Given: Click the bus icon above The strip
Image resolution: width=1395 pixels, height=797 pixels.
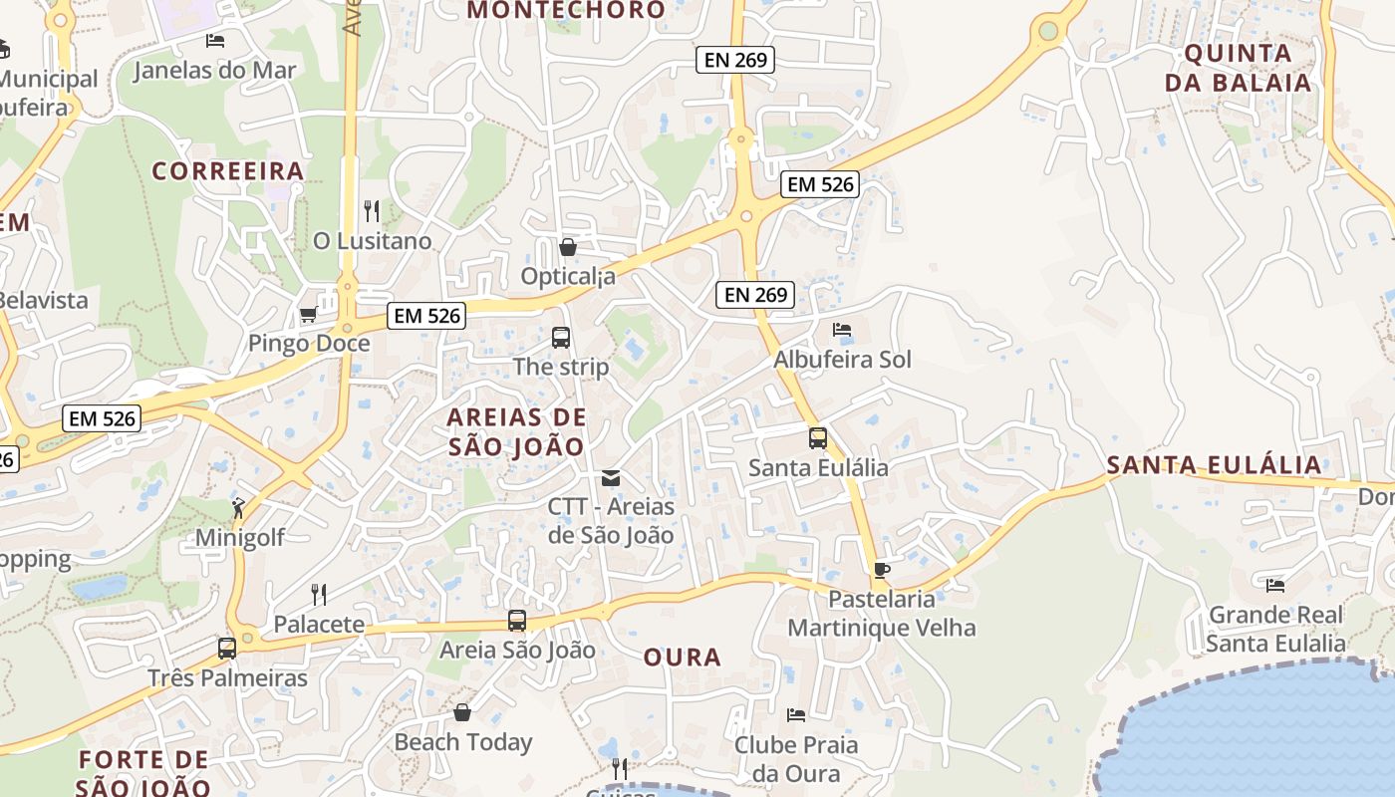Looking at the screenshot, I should coord(561,338).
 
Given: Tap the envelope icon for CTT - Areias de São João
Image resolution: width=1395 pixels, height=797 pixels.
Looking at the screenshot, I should coord(611,478).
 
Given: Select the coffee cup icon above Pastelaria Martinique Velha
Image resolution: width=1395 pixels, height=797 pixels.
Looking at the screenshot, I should coord(881,570).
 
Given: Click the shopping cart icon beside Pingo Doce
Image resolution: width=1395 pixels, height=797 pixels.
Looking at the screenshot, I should coord(308,315).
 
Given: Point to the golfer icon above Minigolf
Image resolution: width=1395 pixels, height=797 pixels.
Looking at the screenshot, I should coord(238,509).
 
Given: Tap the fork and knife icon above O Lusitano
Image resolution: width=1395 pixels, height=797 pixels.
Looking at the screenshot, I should coord(372,210).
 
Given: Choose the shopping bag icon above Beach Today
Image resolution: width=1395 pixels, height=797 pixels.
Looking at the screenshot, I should coord(462,712).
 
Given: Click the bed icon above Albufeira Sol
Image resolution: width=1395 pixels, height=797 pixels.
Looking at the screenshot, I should coord(842,329).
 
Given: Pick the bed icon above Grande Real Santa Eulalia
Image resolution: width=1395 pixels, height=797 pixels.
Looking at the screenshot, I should coord(1274,585).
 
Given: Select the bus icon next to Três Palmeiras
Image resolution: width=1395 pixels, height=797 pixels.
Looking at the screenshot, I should coord(227,649).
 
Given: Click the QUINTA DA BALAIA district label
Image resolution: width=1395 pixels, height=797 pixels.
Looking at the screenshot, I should coord(1239,68).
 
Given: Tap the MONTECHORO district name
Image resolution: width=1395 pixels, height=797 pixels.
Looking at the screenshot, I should coord(566,11).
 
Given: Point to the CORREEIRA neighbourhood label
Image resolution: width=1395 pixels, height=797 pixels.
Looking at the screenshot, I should coord(228,171).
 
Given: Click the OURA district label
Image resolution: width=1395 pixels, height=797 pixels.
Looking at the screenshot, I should coord(683,658).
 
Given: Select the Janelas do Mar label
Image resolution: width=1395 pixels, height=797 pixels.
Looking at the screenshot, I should coord(215,70).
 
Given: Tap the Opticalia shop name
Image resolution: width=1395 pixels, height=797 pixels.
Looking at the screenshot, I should coord(568,276).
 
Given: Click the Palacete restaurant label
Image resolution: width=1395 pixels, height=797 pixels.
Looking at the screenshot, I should coord(319,625).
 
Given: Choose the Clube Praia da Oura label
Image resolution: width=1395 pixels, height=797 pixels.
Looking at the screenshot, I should coord(795,758).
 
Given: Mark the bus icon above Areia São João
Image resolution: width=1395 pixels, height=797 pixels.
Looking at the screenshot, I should coord(516,621).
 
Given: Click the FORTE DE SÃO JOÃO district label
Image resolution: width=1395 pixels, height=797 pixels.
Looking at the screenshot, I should coord(144,773).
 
